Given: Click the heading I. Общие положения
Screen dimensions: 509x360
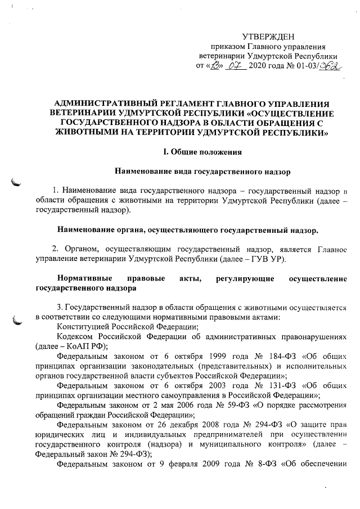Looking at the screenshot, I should coord(195,152).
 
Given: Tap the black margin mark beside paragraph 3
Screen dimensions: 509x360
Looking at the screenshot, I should coord(17,321).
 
